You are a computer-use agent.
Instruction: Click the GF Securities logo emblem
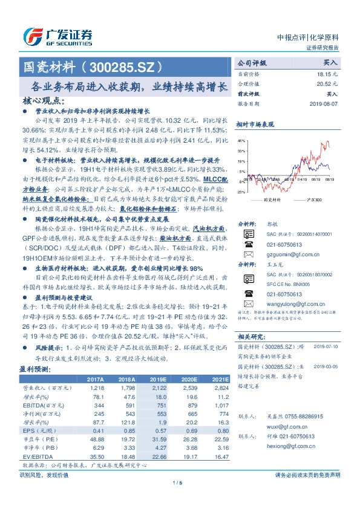tap(32, 37)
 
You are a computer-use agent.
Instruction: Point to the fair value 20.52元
tap(327, 83)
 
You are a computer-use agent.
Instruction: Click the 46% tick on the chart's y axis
tap(241, 139)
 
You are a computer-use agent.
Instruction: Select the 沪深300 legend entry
tap(312, 198)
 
